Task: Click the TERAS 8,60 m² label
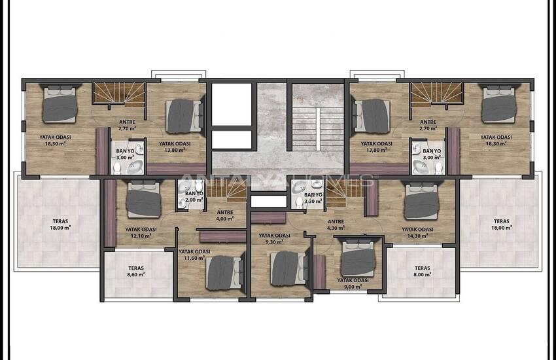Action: point(136,272)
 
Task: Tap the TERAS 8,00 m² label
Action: point(423,272)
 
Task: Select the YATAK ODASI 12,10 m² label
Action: point(141,232)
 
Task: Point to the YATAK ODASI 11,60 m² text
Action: point(194,255)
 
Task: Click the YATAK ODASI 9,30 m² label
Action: point(275,239)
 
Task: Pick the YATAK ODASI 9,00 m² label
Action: point(353,283)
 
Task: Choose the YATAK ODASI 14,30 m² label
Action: point(418,232)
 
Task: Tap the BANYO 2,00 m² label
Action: point(194,196)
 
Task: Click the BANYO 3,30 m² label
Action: point(313,198)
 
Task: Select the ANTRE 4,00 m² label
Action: point(225,215)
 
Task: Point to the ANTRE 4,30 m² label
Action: point(336,225)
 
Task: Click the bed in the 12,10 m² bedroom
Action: point(144,198)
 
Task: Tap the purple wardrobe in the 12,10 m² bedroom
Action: point(111,213)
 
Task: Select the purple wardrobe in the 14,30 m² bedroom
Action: point(372,198)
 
